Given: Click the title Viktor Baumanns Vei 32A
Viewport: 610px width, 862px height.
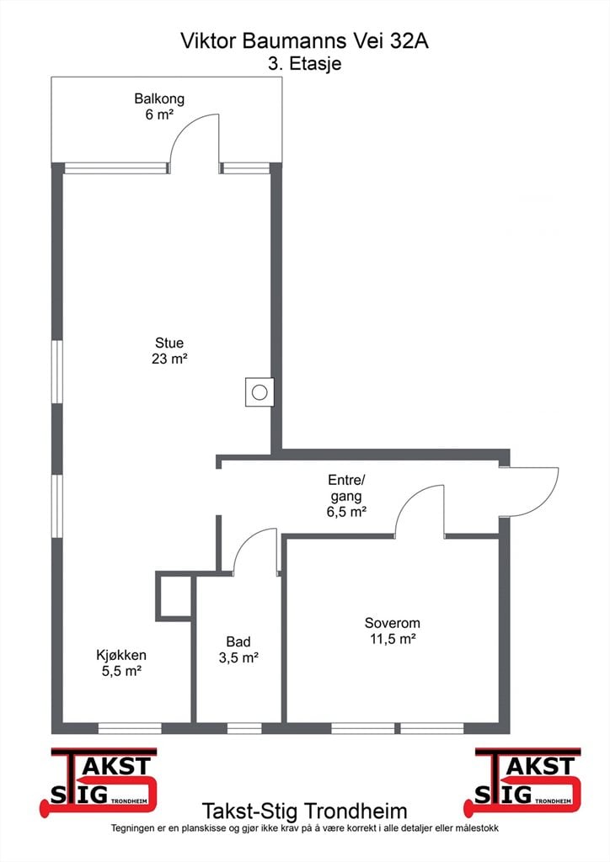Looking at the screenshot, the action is click(304, 40).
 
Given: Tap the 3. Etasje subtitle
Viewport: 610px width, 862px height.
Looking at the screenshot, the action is click(304, 63).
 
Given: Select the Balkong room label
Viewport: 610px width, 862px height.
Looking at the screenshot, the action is click(159, 99).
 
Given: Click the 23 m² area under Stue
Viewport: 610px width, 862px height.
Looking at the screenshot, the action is click(169, 359).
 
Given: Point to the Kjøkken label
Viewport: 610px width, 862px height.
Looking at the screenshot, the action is click(121, 655).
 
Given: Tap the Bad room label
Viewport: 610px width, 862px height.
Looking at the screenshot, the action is click(238, 641).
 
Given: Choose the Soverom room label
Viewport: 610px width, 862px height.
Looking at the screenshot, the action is click(392, 623).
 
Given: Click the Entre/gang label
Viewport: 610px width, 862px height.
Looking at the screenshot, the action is click(346, 488).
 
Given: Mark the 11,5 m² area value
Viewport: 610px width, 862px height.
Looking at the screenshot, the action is click(392, 639).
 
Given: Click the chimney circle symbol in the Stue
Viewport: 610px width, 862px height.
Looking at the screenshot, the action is click(260, 392).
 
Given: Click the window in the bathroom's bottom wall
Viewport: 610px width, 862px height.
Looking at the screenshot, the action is click(244, 728).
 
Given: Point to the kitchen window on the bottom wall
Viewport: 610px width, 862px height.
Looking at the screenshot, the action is click(130, 728).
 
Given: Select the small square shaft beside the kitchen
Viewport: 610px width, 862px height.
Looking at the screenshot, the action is click(174, 597).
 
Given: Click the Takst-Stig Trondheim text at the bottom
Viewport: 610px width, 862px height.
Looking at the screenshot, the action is click(304, 811).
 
